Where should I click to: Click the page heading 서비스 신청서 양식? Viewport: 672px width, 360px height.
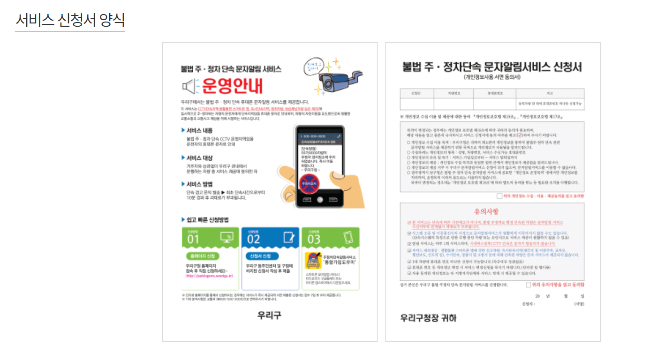(x=70, y=20)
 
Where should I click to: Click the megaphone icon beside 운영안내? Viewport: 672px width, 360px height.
(x=188, y=87)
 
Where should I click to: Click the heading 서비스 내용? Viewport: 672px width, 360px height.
(x=199, y=130)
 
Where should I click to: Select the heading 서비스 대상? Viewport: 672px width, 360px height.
(x=199, y=158)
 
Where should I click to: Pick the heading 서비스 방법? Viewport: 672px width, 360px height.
(x=199, y=184)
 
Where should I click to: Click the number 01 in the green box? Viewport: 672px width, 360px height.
(x=193, y=239)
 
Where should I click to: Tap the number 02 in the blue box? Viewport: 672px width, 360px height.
(x=253, y=239)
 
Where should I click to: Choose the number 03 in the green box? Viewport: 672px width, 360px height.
(x=314, y=239)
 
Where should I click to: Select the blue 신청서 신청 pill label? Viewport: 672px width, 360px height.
(x=261, y=256)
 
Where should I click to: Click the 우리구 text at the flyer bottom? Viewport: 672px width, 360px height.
(x=269, y=315)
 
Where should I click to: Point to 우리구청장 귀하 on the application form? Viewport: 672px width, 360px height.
(x=428, y=318)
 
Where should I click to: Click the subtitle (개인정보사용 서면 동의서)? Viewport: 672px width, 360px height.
(x=492, y=77)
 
